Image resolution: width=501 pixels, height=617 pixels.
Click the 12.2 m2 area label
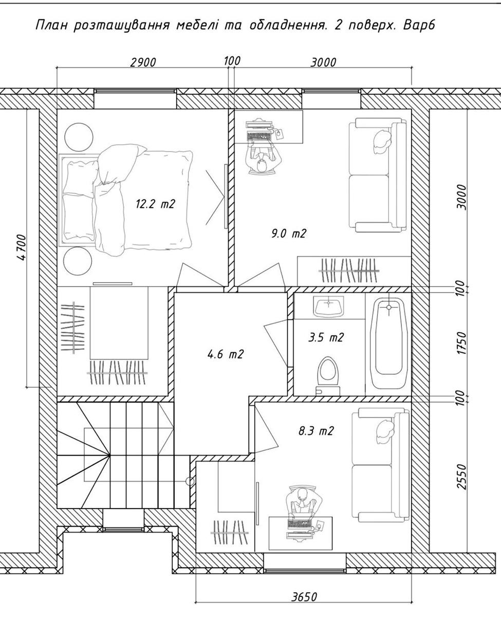(155, 204)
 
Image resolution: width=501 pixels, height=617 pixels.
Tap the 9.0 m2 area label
(289, 233)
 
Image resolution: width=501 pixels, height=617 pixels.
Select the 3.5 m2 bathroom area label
(326, 337)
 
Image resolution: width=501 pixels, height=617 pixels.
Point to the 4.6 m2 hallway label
(226, 354)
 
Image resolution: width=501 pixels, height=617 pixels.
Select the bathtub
(389, 344)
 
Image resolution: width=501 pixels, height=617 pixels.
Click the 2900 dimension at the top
(143, 62)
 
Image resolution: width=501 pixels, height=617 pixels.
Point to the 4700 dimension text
(22, 247)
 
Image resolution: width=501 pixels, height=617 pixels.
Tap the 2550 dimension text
(462, 477)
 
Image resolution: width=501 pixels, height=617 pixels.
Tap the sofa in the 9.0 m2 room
(378, 175)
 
